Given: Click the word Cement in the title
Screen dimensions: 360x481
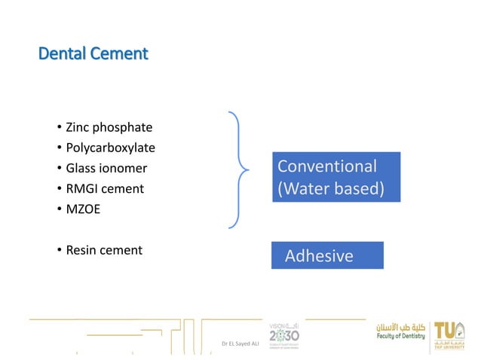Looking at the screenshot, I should pos(121,54).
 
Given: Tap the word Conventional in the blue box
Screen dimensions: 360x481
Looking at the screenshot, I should pos(327,166).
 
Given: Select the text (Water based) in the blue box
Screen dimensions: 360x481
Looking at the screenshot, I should pos(331,188).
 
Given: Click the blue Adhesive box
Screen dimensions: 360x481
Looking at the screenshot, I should pos(327,255).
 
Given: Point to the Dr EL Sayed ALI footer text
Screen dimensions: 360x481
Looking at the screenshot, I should pos(240,344).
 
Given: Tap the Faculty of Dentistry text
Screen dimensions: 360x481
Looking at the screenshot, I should pos(401,337).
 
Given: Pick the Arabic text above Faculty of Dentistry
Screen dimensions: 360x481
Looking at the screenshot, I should pos(402,327).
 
